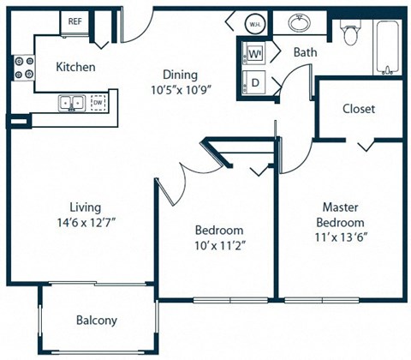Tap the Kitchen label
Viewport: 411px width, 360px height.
[x=75, y=67]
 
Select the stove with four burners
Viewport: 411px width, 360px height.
[x=23, y=68]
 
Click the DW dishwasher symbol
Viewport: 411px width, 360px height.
[x=97, y=103]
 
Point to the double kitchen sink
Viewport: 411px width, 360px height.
[x=70, y=103]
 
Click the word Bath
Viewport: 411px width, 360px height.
[x=305, y=53]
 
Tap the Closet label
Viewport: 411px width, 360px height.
[x=358, y=109]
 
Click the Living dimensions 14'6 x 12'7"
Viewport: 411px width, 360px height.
[x=86, y=223]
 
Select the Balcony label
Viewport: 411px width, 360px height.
[x=97, y=321]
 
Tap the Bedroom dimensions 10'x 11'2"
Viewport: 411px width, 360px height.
[x=218, y=246]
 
